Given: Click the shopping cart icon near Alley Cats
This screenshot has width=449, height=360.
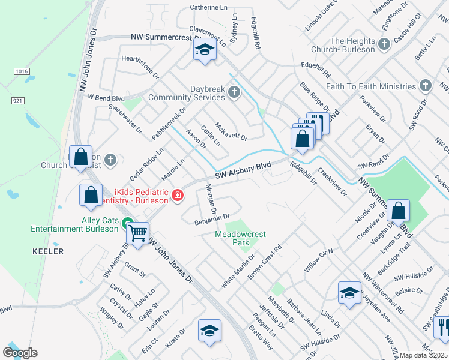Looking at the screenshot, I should pyautogui.click(x=138, y=232).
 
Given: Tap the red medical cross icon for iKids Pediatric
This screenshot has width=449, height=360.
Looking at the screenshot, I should pyautogui.click(x=177, y=195).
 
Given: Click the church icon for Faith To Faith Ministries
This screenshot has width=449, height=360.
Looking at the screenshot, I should pyautogui.click(x=426, y=86).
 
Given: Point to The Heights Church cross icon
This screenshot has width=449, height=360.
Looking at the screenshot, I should pyautogui.click(x=384, y=44).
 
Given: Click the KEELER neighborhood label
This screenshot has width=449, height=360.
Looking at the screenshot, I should pyautogui.click(x=47, y=251).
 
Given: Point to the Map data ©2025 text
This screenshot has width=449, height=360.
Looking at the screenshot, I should pyautogui.click(x=424, y=355).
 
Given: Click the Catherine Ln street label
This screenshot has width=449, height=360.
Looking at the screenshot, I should pyautogui.click(x=208, y=7).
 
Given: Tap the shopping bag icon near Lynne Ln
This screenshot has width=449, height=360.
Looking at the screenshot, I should pyautogui.click(x=399, y=211).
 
